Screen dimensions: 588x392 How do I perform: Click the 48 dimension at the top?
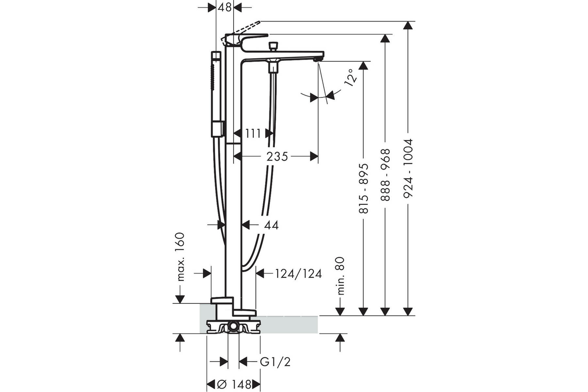(x=225, y=8)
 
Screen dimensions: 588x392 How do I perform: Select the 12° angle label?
(x=351, y=78)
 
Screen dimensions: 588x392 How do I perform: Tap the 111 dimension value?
(x=253, y=133)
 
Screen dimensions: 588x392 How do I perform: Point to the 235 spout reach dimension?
(x=277, y=156)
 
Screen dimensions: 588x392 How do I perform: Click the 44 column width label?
(x=271, y=225)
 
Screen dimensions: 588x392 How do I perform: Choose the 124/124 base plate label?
(x=298, y=274)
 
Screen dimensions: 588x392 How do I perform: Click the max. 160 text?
(x=181, y=257)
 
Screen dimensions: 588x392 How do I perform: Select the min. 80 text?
(x=340, y=276)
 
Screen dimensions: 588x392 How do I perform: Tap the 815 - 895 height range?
(x=364, y=188)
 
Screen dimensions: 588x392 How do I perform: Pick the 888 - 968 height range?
(x=385, y=175)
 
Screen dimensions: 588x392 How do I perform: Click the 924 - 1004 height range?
(x=408, y=168)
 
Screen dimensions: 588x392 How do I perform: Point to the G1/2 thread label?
(x=275, y=362)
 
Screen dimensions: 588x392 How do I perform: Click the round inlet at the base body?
(x=233, y=327)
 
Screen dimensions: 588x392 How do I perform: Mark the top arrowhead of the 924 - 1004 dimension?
(x=408, y=25)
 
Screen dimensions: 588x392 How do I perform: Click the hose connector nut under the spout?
(x=273, y=69)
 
